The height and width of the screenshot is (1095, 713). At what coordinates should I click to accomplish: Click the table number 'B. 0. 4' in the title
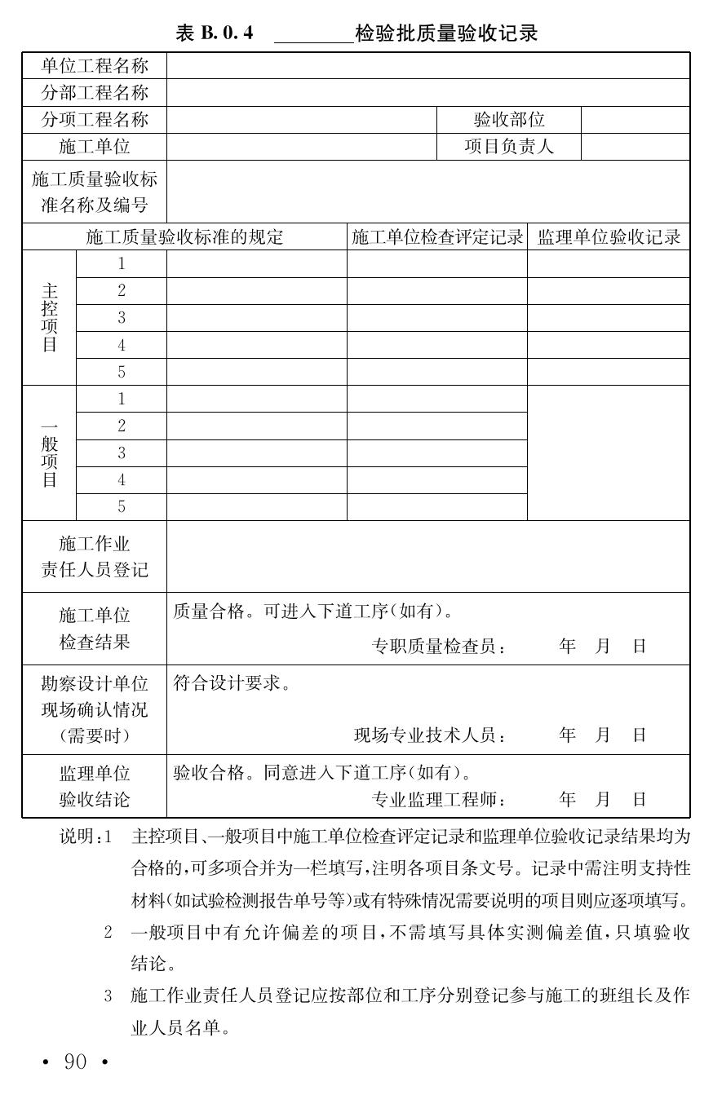point(226,33)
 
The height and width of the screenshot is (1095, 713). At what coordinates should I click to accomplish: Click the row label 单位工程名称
point(95,66)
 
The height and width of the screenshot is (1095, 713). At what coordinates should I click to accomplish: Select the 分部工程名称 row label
point(95,93)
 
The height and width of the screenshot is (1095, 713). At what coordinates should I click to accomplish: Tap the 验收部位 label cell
point(509,120)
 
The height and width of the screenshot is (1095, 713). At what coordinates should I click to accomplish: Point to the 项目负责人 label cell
point(509,147)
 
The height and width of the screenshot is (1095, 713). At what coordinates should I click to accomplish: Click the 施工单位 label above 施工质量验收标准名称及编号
point(95,147)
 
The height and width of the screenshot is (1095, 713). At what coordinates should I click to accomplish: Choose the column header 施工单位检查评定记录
point(437,237)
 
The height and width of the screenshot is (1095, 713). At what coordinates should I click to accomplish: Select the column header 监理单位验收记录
point(609,237)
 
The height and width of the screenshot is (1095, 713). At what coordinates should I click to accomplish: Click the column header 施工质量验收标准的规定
point(184,237)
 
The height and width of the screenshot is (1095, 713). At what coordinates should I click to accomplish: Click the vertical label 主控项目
point(50,318)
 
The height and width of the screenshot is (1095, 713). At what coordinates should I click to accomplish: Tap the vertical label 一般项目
point(50,453)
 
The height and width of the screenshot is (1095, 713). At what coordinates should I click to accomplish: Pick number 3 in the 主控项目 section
point(122,318)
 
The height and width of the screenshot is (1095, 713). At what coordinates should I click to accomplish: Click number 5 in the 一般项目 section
point(122,507)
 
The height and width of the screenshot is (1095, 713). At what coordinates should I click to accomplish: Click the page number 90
point(75,1062)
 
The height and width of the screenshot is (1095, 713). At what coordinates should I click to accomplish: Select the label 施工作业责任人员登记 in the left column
point(95,557)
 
